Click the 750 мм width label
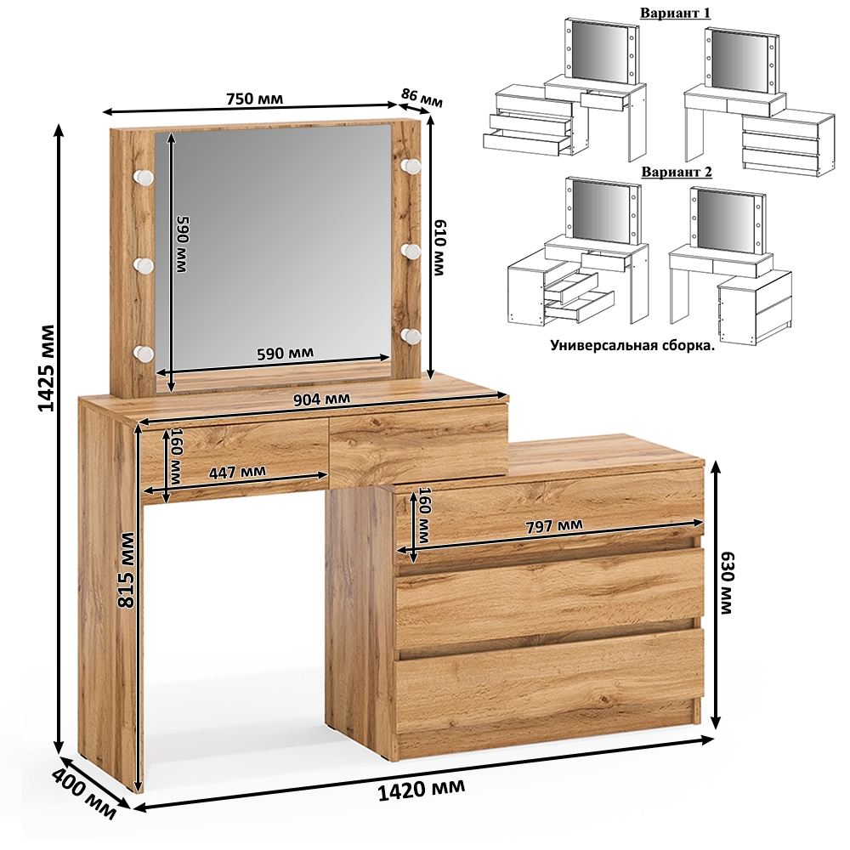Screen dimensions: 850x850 (x=254, y=99)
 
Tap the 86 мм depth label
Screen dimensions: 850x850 (x=422, y=98)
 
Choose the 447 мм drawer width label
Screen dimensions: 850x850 (x=237, y=471)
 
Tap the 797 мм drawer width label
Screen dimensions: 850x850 (x=554, y=526)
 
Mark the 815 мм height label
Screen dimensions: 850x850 (x=127, y=569)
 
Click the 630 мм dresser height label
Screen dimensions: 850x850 (x=726, y=582)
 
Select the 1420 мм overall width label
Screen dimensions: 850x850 (x=421, y=790)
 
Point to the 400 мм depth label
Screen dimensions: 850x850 (x=84, y=794)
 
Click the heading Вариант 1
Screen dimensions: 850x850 (x=675, y=13)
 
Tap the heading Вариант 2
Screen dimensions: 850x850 (x=677, y=172)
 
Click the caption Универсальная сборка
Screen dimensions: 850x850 (x=632, y=345)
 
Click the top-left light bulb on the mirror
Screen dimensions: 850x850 (x=144, y=176)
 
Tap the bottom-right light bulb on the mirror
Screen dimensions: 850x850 (x=411, y=336)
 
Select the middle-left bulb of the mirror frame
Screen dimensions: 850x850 (x=144, y=264)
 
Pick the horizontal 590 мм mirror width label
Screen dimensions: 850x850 (x=285, y=353)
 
